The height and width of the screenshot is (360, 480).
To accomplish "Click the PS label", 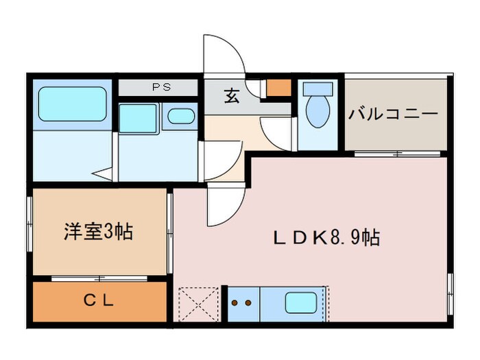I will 162,88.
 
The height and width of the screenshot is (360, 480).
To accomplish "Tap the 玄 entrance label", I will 231,97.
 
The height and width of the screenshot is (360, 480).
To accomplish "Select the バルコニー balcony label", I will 393,114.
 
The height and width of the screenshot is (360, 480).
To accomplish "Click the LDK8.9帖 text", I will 328,238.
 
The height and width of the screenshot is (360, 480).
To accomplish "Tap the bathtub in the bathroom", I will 72,104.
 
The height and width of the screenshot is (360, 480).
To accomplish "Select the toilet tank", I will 317,89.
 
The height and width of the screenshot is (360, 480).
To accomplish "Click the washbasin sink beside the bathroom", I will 181,116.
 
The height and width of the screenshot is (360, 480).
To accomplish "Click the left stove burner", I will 235,302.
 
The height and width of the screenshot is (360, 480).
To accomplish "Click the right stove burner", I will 248,302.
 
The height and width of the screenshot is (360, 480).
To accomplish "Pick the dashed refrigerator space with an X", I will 197,302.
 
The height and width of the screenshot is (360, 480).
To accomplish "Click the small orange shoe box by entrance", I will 278,88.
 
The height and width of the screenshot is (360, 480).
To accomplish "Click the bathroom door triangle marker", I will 101,173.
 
